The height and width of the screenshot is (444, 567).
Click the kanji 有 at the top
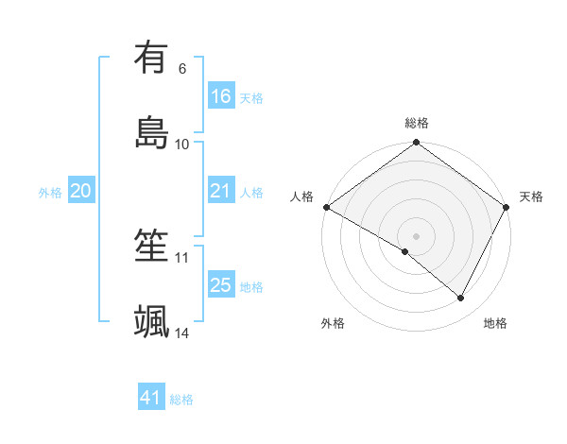click(152, 58)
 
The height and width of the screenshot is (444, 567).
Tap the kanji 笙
click(152, 247)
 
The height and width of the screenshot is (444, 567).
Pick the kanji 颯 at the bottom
click(152, 321)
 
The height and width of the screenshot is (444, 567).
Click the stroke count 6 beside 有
click(182, 69)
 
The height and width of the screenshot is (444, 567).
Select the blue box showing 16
click(221, 95)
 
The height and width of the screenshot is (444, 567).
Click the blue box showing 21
click(221, 191)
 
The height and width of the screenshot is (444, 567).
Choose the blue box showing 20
click(81, 191)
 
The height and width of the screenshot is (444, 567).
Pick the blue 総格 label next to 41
click(181, 400)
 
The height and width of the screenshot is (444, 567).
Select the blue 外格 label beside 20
click(50, 193)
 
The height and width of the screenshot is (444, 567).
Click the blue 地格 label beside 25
click(251, 286)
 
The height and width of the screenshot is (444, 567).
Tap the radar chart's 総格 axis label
click(417, 123)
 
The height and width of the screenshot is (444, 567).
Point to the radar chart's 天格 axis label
click(531, 196)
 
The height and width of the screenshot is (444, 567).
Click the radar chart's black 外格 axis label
click(333, 323)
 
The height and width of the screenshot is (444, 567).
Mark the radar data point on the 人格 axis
click(326, 207)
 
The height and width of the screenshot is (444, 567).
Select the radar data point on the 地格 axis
click(461, 298)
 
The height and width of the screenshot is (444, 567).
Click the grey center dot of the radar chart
click(417, 235)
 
